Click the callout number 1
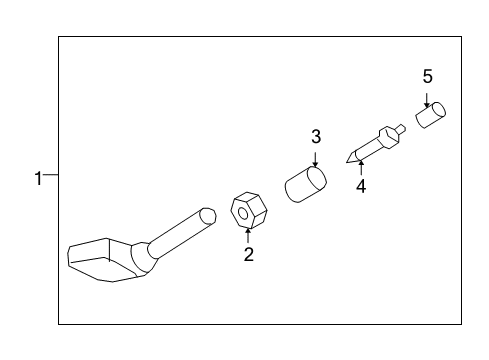pos(37,179)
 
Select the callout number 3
pos(315,136)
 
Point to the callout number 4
pos(360,186)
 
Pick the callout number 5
pos(427,76)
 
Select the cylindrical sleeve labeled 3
pos(306,184)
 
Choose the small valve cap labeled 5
pos(430,116)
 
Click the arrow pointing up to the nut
pos(247,236)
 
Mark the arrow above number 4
pos(360,165)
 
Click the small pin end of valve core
pos(400,128)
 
